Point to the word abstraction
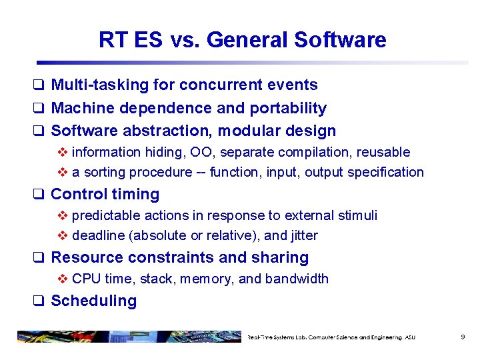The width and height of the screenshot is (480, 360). click(153, 131)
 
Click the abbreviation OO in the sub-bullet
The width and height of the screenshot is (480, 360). click(217, 153)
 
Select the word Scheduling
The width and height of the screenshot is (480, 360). click(93, 301)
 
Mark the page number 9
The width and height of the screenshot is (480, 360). click(463, 337)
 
